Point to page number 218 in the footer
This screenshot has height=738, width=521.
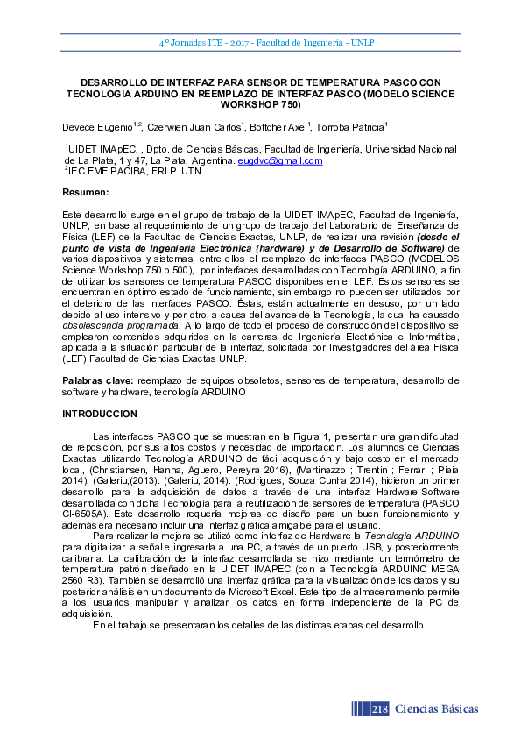[x=380, y=708]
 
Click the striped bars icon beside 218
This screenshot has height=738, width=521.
[x=359, y=708]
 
